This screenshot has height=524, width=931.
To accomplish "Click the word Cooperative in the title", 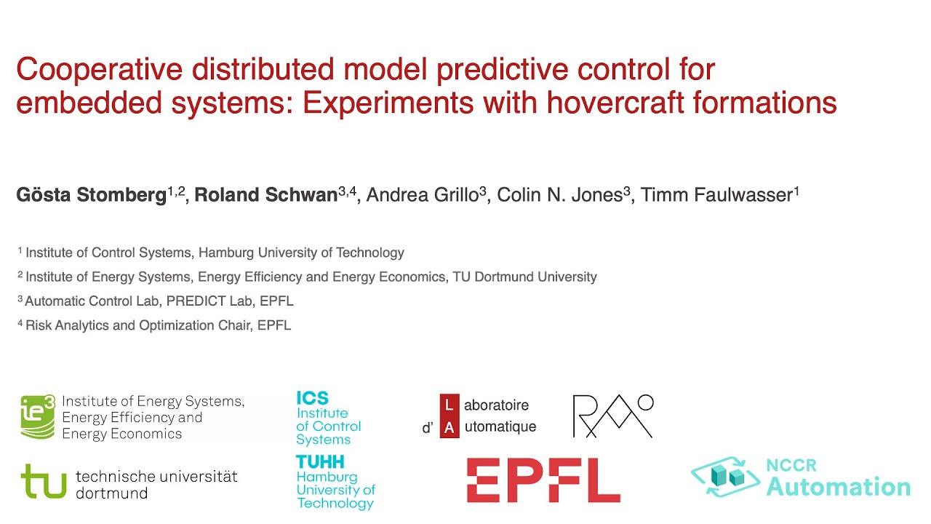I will (x=99, y=71).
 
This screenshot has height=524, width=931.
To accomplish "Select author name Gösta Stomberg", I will (x=91, y=196).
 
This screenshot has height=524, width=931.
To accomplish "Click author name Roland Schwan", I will (x=265, y=196).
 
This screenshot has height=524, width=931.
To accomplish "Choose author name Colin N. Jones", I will (x=559, y=196).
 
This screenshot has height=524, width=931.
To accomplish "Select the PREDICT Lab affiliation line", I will (x=159, y=301).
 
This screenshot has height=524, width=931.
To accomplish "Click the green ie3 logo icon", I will (x=38, y=417).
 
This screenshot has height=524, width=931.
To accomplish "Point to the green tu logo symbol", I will (x=44, y=482).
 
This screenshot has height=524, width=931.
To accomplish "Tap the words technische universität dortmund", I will (x=156, y=484).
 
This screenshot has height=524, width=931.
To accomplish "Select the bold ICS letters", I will (x=312, y=398).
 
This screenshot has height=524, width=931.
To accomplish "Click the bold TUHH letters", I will (x=320, y=461).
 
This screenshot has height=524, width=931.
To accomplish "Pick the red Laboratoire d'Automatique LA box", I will (x=449, y=416).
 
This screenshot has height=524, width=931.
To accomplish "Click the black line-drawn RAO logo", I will (x=612, y=416).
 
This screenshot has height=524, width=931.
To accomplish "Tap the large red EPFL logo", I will (x=543, y=480).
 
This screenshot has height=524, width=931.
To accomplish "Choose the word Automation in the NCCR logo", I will (x=838, y=487).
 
